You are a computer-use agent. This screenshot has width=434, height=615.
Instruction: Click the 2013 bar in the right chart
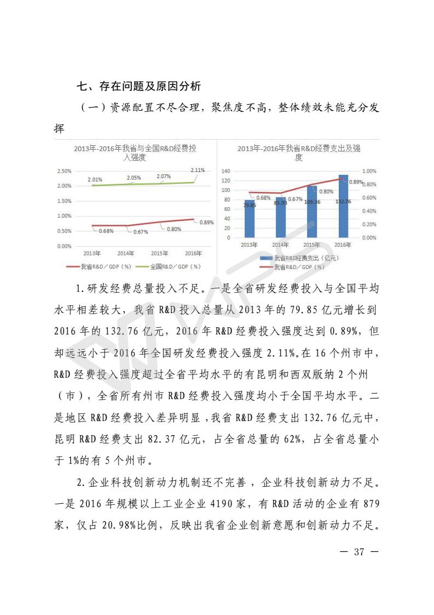[x=250, y=219]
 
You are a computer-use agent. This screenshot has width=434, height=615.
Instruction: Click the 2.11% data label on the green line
[x=198, y=170]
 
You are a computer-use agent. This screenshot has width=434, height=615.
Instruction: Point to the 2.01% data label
[x=95, y=179]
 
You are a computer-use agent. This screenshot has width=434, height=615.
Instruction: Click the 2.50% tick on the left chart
[x=64, y=171]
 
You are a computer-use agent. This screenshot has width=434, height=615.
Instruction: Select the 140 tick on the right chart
[x=225, y=171]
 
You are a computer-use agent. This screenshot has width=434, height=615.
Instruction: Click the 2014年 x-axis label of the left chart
[x=126, y=253]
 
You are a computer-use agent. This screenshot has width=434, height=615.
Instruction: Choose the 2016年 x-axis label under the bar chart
[x=343, y=244]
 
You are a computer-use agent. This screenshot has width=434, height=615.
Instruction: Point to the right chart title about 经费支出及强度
[x=299, y=152]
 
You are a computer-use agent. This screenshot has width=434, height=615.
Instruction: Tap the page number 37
[x=358, y=551]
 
